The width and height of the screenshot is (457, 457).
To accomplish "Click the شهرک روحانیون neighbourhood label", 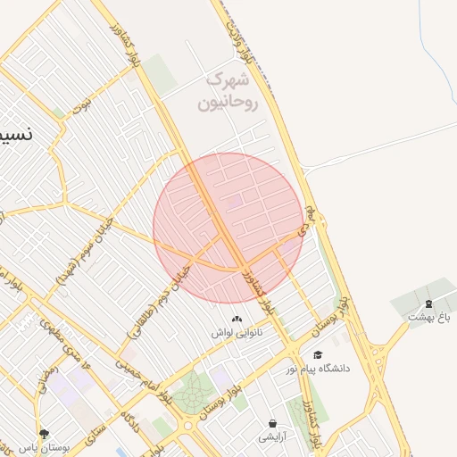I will pos(230,92).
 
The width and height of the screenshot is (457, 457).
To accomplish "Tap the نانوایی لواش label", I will pos(234,332).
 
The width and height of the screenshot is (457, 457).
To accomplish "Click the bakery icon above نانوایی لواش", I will pos(237,319).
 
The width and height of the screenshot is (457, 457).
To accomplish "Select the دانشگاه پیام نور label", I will pos(318,368).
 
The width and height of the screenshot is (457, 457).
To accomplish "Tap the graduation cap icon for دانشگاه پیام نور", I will pos(318,354).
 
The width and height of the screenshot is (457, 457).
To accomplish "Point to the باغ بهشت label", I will pos(430,316).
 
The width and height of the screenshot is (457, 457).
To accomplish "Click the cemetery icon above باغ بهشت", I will pos(428,303).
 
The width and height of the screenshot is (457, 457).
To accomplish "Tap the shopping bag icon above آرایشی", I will pos(272,423).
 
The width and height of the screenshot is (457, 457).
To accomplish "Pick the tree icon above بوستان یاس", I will pos(44,434).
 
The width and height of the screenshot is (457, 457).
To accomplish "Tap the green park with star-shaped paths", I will pos(189,393).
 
